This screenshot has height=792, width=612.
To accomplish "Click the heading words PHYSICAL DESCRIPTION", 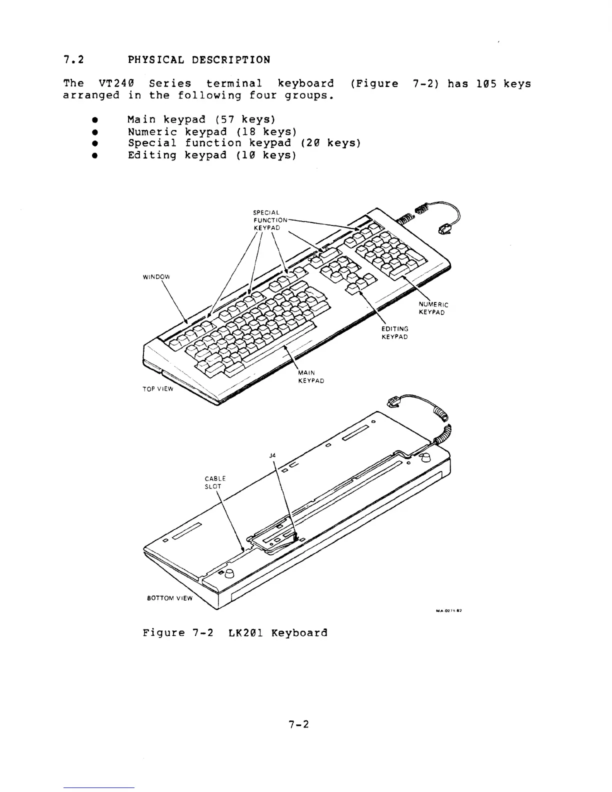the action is click(x=199, y=60).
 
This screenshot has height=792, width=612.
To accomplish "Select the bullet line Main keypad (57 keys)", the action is click(x=201, y=119).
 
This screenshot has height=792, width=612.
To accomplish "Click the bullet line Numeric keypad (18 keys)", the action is click(x=212, y=131).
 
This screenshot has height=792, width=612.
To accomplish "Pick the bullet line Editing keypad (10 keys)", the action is click(x=212, y=155).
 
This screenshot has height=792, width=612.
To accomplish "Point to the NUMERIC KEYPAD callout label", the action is click(x=432, y=308).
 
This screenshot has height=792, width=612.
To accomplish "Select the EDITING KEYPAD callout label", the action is click(x=395, y=332).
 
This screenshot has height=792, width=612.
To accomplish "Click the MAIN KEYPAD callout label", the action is click(x=310, y=376).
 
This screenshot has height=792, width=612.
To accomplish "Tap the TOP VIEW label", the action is click(x=158, y=388).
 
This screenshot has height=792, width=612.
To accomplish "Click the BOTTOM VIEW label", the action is click(x=169, y=597).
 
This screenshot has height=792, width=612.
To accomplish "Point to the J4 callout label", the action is click(x=272, y=455).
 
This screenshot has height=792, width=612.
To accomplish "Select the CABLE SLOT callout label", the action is click(x=215, y=482).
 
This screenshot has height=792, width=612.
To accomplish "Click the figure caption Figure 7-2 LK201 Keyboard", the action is click(x=235, y=632).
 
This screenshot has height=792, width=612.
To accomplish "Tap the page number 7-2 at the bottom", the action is click(x=299, y=723).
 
